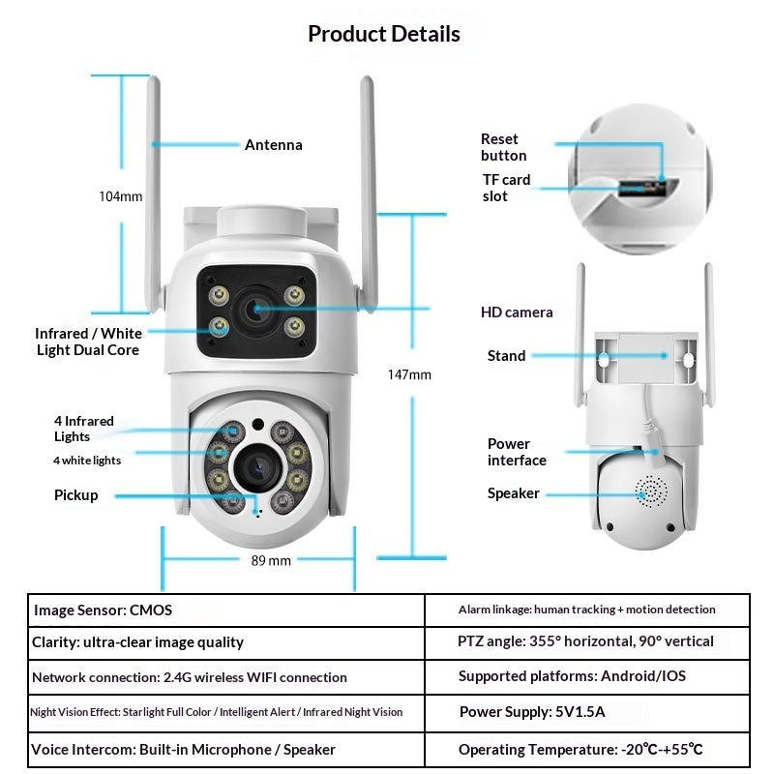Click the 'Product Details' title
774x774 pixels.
coord(384,34)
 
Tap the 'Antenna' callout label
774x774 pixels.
coord(273,145)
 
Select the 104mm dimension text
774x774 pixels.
coord(120,196)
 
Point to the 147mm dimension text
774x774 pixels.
coord(409,374)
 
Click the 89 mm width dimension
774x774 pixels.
coord(271,560)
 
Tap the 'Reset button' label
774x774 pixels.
coord(503,147)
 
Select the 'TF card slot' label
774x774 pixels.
coord(506,188)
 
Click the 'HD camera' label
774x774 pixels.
coord(517,313)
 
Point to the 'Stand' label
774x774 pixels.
coord(506,356)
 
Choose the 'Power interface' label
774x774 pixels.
coord(517,452)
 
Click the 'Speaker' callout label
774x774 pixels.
coord(513,493)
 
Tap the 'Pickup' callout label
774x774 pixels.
coord(75,495)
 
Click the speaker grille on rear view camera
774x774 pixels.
coord(650,491)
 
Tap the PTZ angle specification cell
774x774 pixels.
coord(586,641)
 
